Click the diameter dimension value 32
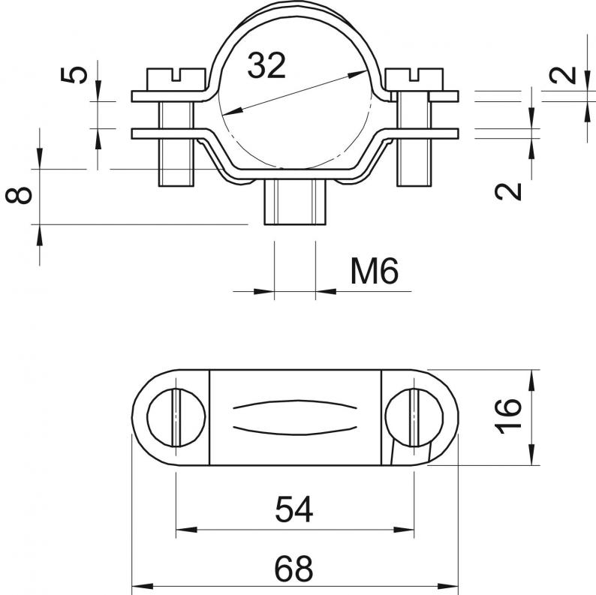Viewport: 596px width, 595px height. (x=266, y=66)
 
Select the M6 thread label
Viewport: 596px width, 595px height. (x=375, y=271)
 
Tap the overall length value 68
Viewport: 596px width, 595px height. (x=293, y=569)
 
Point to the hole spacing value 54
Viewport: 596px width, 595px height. (x=293, y=509)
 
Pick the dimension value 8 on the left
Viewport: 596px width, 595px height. (x=19, y=195)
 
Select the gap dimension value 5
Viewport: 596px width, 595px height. (x=74, y=74)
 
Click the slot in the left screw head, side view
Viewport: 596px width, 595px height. (x=176, y=74)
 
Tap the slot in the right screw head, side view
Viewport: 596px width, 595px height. (x=414, y=74)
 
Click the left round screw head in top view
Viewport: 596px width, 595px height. (x=176, y=417)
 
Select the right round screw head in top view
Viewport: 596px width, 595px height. (x=414, y=417)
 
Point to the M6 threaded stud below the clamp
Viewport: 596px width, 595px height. (x=295, y=202)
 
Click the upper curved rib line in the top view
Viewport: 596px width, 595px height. (x=295, y=404)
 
